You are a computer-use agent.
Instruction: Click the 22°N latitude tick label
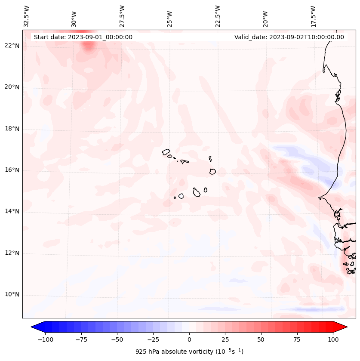coord(12,46)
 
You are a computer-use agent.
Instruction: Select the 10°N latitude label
coord(12,295)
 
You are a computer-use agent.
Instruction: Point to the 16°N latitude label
coord(12,170)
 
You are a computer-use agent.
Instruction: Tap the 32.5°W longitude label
coord(27,16)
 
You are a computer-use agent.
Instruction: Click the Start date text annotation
coord(83,37)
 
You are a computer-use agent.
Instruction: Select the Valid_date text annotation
coord(289,37)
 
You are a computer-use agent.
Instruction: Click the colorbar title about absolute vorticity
coord(189,352)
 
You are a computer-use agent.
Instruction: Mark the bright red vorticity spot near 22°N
coord(88,46)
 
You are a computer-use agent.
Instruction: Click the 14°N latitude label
coord(12,211)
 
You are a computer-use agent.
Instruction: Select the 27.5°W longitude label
coord(122,16)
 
